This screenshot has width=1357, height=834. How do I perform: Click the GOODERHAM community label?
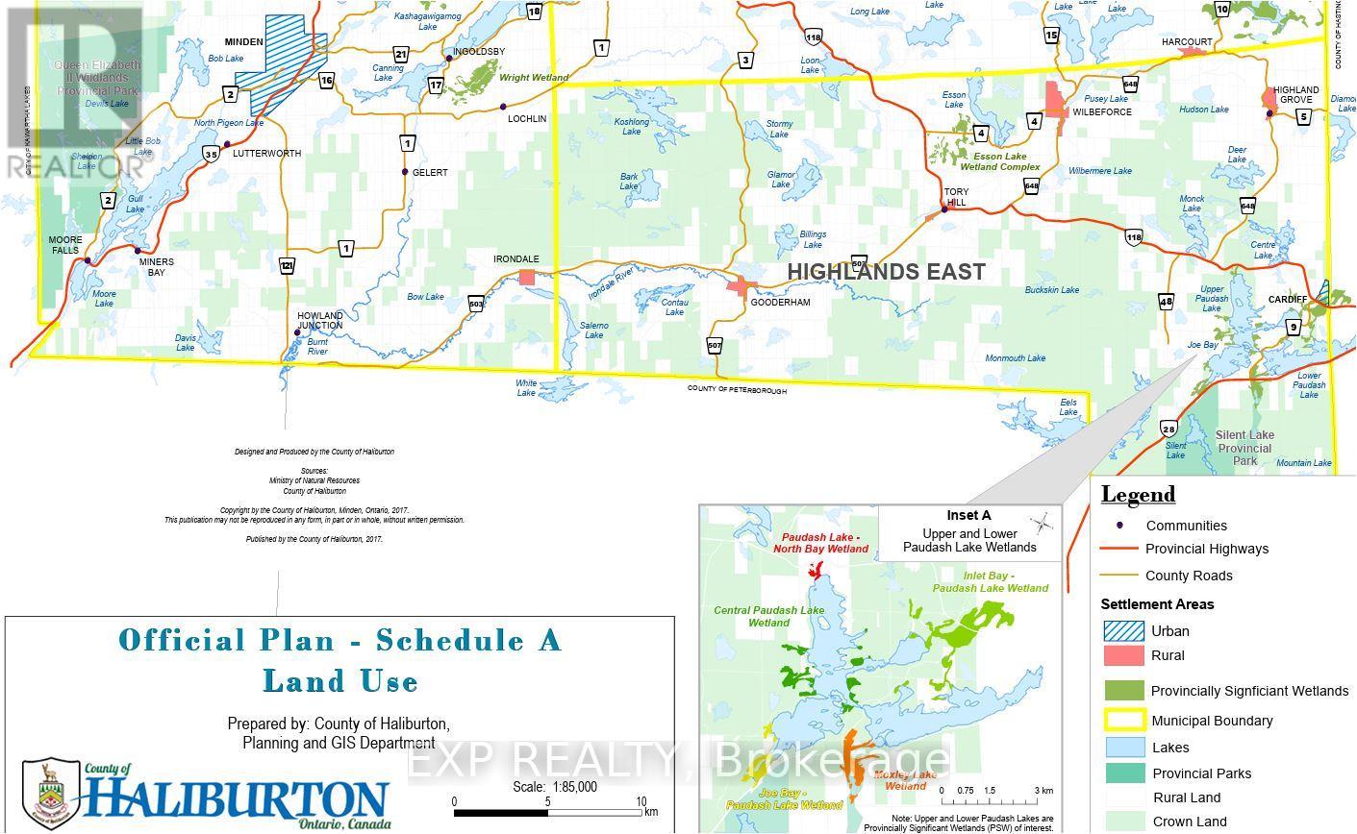(x=780, y=302)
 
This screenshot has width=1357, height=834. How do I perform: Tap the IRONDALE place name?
(x=516, y=259)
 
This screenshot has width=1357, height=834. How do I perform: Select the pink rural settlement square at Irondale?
(x=526, y=278)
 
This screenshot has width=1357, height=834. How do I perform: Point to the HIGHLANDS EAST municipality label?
(x=886, y=272)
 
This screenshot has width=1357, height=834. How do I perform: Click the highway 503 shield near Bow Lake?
(x=476, y=304)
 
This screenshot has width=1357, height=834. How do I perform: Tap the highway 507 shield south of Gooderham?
(x=715, y=345)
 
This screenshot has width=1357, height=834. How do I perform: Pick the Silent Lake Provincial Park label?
(x=1244, y=448)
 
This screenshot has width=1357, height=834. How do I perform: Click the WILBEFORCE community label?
(x=1102, y=112)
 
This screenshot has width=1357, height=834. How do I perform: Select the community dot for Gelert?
(x=405, y=173)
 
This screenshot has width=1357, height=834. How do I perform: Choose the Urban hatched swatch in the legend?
(x=1122, y=631)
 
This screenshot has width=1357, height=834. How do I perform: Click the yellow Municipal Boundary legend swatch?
(x=1122, y=721)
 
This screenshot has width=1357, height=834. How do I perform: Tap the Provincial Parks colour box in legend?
(x=1122, y=773)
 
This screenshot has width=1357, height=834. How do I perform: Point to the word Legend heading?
(x=1138, y=495)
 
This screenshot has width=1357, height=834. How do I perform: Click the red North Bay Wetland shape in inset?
(x=816, y=573)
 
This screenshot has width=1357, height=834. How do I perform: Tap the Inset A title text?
(x=968, y=516)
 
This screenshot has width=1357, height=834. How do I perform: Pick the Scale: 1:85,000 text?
(x=555, y=787)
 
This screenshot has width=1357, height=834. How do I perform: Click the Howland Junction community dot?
(x=297, y=332)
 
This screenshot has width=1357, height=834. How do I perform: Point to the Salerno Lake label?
(x=593, y=330)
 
